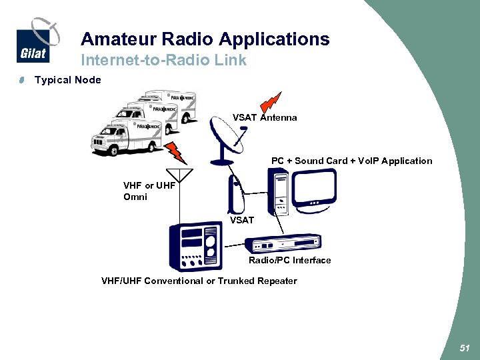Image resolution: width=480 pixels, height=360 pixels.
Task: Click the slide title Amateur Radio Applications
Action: coord(205,39)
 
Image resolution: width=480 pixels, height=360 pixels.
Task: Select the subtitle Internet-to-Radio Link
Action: coord(163,60)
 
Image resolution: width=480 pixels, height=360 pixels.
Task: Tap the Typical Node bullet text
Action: coord(68,80)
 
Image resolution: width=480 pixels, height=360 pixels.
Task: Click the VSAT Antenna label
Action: coord(265,117)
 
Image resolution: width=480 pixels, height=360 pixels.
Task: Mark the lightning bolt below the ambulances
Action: coord(176,151)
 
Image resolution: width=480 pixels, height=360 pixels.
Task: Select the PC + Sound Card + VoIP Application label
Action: coord(351,161)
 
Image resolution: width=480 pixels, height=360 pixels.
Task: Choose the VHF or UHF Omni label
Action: coord(149,191)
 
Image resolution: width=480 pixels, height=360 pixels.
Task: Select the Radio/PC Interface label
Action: coord(289,261)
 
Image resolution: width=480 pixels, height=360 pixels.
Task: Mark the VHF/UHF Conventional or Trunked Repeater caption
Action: coord(199,281)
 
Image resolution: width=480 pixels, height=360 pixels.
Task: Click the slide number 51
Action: coord(464,348)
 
